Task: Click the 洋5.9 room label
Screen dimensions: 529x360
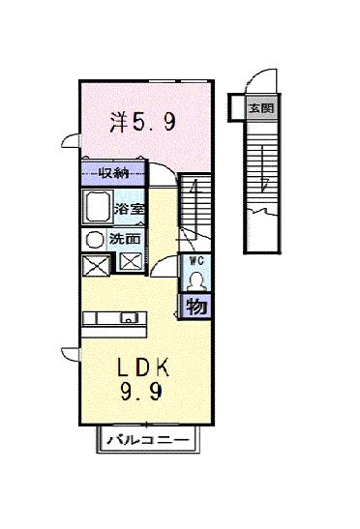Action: pyautogui.click(x=143, y=123)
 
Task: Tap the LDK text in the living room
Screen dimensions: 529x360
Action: pyautogui.click(x=144, y=367)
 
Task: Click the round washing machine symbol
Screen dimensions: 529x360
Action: pyautogui.click(x=96, y=238)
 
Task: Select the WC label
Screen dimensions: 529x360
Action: pyautogui.click(x=195, y=261)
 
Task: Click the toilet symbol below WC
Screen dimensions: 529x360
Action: pyautogui.click(x=195, y=280)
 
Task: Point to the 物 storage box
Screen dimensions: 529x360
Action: pyautogui.click(x=195, y=308)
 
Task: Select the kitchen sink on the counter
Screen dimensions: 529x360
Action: pyautogui.click(x=127, y=318)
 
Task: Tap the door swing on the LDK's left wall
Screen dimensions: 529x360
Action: pyautogui.click(x=69, y=354)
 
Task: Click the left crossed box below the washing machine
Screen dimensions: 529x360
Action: pyautogui.click(x=96, y=261)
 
